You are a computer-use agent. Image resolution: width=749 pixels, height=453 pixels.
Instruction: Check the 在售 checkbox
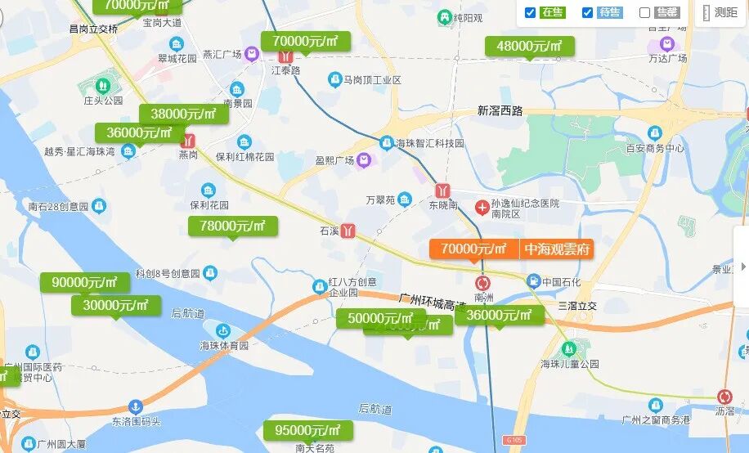click(x=530, y=12)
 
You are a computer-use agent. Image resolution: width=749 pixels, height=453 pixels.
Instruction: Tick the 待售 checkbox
click(x=587, y=12)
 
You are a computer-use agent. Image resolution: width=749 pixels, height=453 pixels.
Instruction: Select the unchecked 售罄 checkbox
click(x=644, y=12)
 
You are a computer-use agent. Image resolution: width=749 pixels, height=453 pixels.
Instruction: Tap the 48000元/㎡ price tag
click(x=530, y=46)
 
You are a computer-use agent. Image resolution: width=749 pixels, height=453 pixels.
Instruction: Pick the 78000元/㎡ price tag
click(x=233, y=226)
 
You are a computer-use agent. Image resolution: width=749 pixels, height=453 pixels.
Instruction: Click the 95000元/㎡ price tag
click(x=307, y=430)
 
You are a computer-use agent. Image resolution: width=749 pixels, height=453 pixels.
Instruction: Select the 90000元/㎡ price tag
click(x=85, y=282)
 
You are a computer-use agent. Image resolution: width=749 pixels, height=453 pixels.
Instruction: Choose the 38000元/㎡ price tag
click(x=183, y=114)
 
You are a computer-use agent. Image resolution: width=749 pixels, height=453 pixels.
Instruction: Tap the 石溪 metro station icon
click(x=348, y=231)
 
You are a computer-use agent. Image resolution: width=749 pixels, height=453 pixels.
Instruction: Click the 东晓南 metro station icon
click(x=442, y=190)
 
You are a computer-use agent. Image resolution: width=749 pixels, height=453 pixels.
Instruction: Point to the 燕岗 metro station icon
click(x=189, y=141)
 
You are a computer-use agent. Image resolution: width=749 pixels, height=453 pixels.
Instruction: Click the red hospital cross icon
click(x=482, y=203)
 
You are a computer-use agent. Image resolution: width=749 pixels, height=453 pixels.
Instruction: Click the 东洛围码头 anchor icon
click(x=136, y=406)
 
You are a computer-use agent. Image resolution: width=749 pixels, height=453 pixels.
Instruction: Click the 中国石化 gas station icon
click(x=533, y=282)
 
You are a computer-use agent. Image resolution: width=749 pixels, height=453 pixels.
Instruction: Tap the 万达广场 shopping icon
click(x=666, y=43)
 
